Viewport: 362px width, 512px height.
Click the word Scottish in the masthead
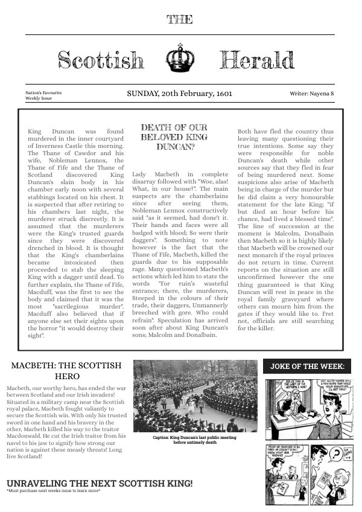tap(101, 60)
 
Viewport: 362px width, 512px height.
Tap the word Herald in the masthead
tap(257, 60)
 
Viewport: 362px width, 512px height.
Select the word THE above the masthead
tap(180, 19)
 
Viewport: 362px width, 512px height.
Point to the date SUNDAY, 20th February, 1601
tap(179, 94)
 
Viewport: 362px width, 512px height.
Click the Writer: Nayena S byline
tap(311, 94)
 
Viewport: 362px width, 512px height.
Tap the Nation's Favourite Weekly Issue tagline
tap(43, 95)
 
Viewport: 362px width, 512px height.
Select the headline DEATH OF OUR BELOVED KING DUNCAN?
tap(174, 136)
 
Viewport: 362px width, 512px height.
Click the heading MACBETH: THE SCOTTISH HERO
tap(66, 371)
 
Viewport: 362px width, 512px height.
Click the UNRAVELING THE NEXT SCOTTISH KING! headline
tap(100, 483)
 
